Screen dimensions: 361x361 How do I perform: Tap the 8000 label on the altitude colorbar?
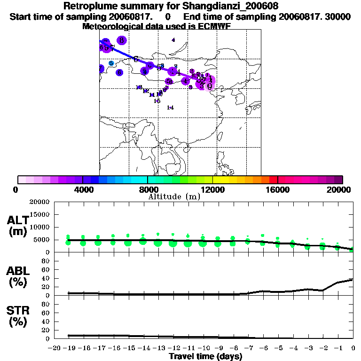click(x=148, y=190)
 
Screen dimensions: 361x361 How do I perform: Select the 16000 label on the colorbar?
click(x=278, y=190)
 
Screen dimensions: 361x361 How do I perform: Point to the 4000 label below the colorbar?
click(x=83, y=190)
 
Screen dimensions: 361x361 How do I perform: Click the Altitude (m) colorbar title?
click(x=174, y=196)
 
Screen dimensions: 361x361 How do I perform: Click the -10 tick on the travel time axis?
click(x=203, y=348)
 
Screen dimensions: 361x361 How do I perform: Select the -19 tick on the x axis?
click(x=68, y=348)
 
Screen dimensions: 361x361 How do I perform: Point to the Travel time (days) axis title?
click(x=205, y=357)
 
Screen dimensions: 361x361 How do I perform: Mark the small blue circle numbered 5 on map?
click(x=111, y=63)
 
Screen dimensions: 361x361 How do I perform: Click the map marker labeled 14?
click(x=170, y=108)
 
